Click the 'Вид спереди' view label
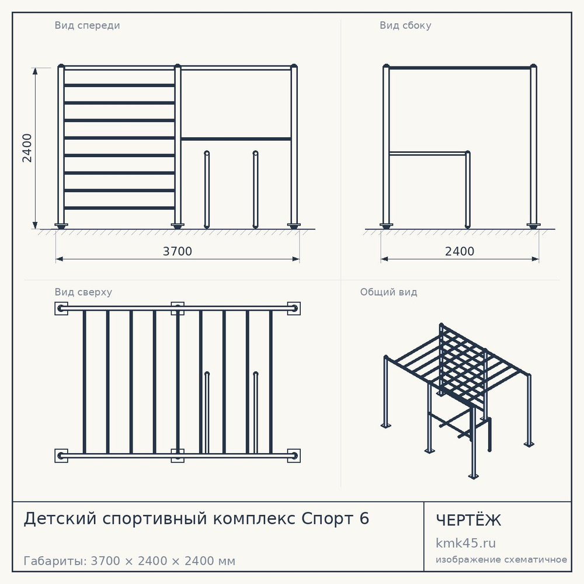(87, 25)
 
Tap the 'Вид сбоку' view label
(405, 25)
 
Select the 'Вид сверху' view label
(83, 292)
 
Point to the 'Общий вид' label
(388, 292)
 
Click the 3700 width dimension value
(178, 251)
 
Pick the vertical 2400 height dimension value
(27, 148)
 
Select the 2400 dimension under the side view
(460, 251)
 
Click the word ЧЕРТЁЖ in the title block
(468, 520)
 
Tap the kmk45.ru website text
(465, 543)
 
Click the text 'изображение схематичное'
(501, 560)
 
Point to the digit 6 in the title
(364, 519)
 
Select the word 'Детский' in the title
(60, 519)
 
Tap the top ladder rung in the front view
(119, 85)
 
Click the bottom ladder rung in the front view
(119, 208)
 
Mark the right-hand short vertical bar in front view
(255, 189)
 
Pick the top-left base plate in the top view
(61, 308)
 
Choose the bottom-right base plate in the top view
(294, 456)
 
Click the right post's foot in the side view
(533, 225)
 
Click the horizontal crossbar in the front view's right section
(236, 139)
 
